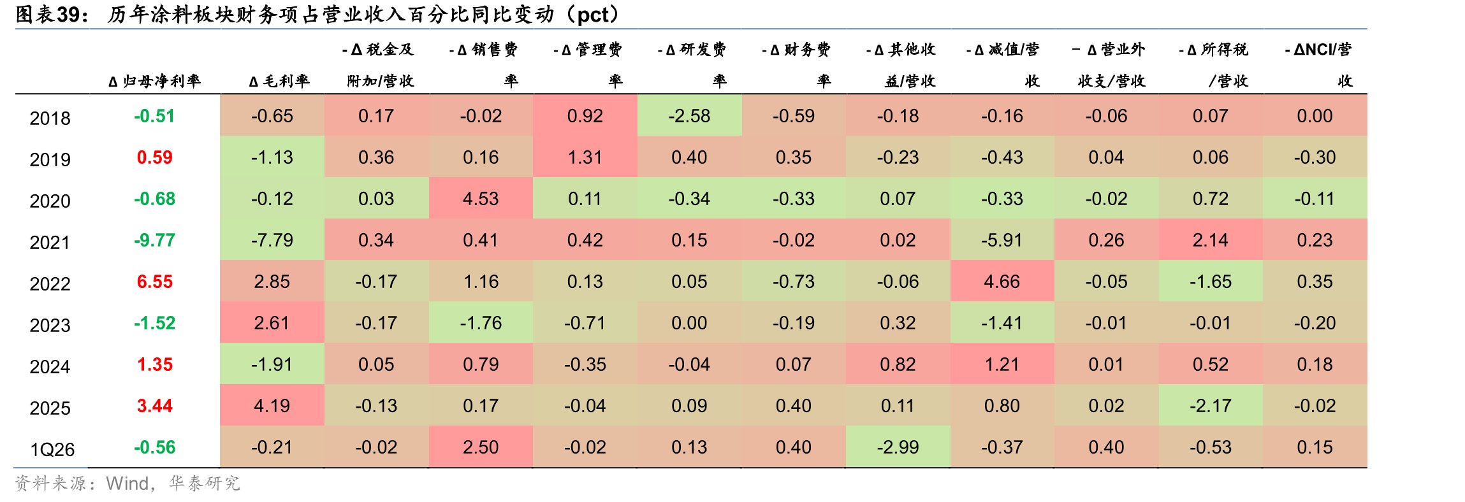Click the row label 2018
[50, 118]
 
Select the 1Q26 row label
[52, 450]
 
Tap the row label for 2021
[50, 243]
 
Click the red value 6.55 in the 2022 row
[155, 282]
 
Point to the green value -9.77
[154, 240]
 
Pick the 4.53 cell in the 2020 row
[481, 199]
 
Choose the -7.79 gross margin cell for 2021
[272, 240]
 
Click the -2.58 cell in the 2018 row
[689, 116]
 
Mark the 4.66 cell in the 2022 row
[1002, 282]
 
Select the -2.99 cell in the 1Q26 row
[898, 447]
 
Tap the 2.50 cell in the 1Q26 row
[481, 447]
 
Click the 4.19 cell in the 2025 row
[272, 406]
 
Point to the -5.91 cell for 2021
[1002, 240]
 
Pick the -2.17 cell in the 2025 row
[1211, 406]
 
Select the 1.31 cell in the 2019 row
[585, 157]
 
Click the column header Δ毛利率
[279, 81]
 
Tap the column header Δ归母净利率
[155, 81]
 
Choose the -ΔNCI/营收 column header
[1318, 65]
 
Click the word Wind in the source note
[128, 484]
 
